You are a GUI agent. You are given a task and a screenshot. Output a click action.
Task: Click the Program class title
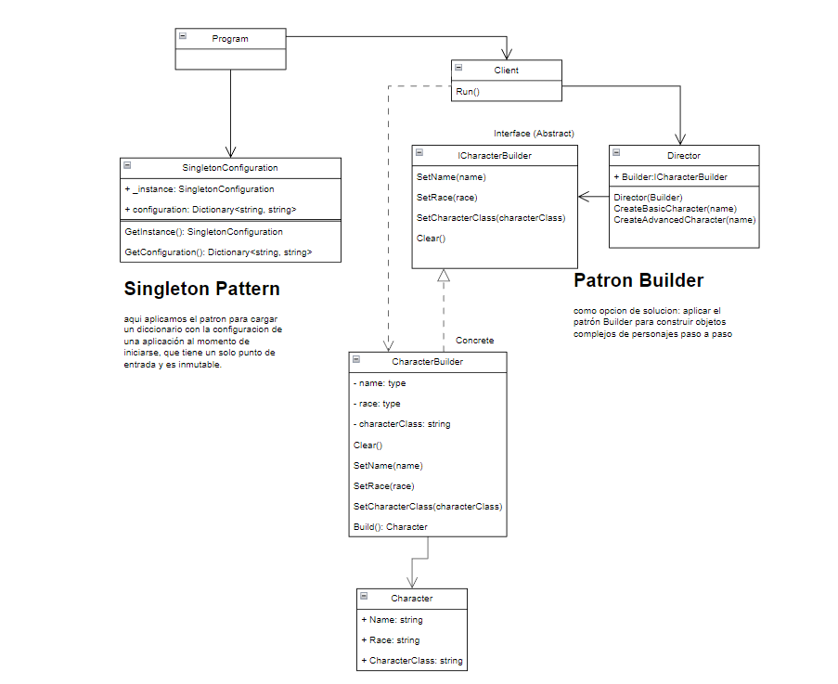[x=230, y=38]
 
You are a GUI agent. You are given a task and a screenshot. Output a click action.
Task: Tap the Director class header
[x=684, y=155]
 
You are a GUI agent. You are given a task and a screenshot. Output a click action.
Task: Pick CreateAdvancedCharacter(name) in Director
[x=684, y=220]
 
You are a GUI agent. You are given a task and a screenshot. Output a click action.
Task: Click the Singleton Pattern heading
[x=201, y=289]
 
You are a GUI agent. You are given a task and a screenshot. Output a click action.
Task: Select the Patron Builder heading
[x=638, y=280]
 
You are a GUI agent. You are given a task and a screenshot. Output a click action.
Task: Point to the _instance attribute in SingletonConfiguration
[x=199, y=188]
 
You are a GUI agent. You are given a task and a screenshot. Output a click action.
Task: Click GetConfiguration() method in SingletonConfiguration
[x=218, y=252]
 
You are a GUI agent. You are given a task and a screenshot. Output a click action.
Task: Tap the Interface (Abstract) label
[x=534, y=134]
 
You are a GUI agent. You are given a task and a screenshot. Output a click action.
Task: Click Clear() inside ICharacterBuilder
[x=431, y=239]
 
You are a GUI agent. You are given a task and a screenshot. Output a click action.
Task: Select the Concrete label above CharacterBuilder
[x=475, y=341]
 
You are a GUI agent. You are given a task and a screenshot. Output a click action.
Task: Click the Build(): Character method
[x=390, y=526]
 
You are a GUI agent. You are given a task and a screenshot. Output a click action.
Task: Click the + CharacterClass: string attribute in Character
[x=411, y=661]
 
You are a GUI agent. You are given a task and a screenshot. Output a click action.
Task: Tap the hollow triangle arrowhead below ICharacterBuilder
[x=444, y=276]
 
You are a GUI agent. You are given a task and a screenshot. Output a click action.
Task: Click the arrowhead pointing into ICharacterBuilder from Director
[x=584, y=196]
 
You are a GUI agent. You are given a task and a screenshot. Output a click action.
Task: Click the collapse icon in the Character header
[x=364, y=597]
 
